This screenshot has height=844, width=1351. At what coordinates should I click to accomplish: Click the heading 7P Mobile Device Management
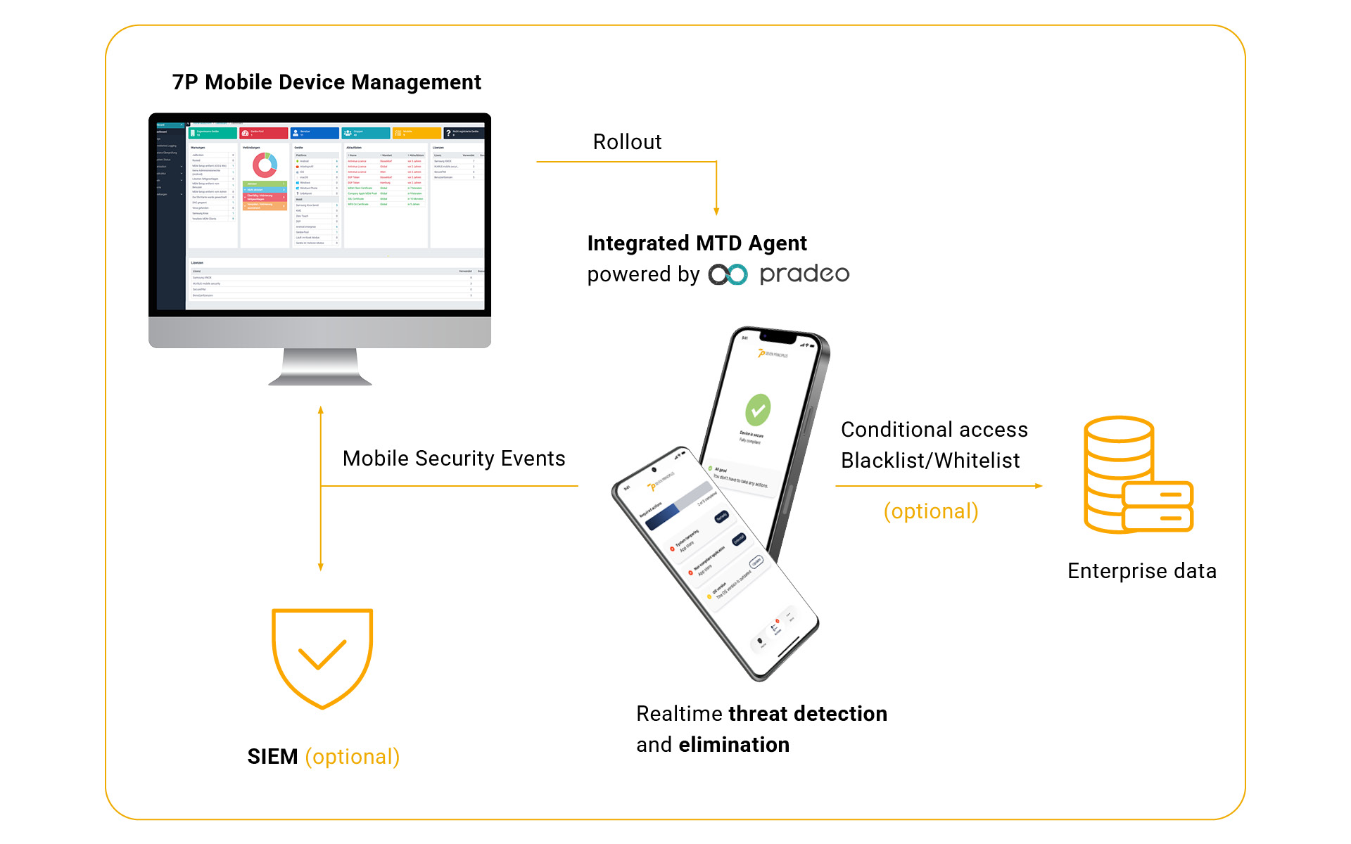tap(326, 82)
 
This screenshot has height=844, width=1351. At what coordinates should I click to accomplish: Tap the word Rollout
tap(627, 142)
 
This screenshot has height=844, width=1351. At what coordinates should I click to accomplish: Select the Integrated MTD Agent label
tap(697, 243)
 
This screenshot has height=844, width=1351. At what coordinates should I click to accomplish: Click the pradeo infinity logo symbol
tap(728, 274)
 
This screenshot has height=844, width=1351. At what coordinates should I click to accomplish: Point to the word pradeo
tap(804, 274)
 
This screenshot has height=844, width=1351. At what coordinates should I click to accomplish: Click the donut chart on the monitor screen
tap(265, 165)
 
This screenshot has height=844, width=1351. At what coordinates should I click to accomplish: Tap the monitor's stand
tap(320, 368)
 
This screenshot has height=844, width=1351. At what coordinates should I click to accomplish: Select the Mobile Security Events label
tap(454, 459)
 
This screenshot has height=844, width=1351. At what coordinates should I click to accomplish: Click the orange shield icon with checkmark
tap(322, 658)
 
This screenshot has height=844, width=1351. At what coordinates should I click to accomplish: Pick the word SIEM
tap(272, 757)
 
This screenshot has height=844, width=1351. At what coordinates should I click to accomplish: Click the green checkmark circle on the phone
tap(758, 409)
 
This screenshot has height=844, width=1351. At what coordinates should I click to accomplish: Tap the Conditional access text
tap(934, 430)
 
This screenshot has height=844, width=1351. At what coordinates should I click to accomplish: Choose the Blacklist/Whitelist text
tap(930, 461)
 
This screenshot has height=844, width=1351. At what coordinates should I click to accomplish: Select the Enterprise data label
tap(1141, 571)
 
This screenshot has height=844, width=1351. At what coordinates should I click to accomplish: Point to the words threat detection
tap(808, 714)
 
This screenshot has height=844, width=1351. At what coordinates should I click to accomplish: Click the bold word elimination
tap(734, 745)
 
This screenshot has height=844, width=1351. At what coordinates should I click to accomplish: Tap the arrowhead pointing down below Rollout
tap(716, 211)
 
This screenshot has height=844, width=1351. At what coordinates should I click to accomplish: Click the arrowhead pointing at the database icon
tap(1039, 486)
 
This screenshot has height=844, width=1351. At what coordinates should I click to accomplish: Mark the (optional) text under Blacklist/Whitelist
tap(930, 511)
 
